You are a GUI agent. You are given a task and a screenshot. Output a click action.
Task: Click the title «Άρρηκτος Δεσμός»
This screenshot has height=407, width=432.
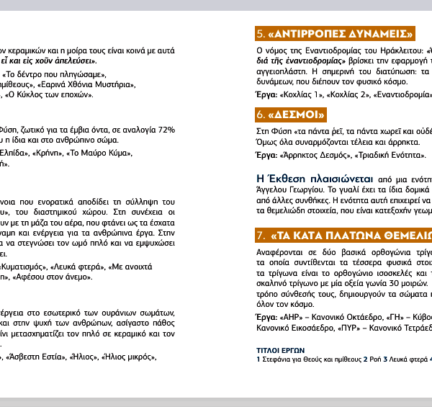tap(318, 155)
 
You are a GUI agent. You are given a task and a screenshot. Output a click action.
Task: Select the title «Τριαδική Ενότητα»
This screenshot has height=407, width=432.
tap(389, 155)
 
